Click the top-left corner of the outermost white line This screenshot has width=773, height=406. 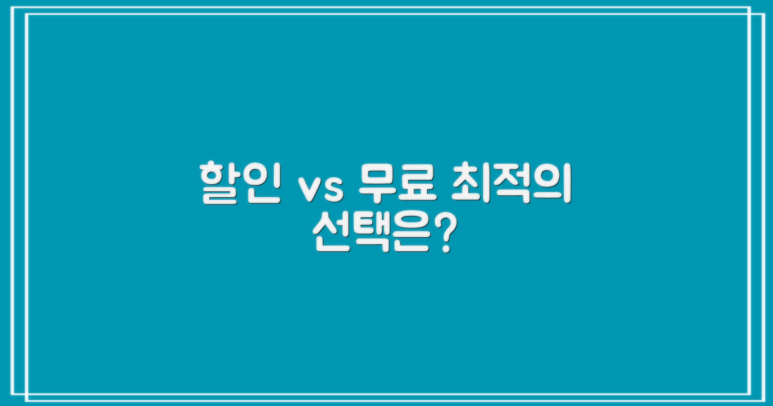click(21, 7)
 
